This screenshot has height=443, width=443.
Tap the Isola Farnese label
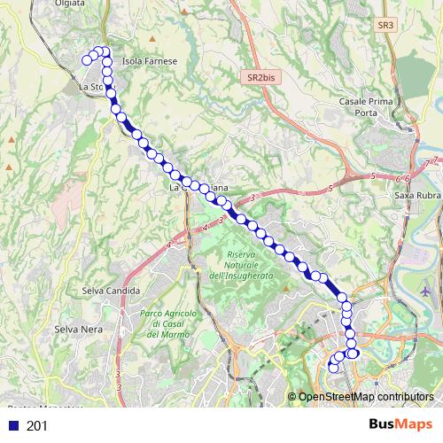(150, 61)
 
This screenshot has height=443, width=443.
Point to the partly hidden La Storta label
(91, 88)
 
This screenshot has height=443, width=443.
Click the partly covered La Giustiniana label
(199, 188)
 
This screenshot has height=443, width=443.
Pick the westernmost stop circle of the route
(87, 60)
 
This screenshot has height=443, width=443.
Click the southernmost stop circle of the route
(333, 367)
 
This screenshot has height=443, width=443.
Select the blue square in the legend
(12, 426)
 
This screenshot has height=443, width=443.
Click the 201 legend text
(36, 426)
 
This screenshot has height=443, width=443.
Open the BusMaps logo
(400, 424)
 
